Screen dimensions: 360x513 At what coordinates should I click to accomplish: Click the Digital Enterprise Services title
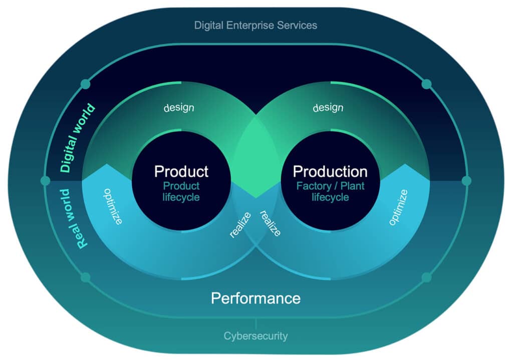255,25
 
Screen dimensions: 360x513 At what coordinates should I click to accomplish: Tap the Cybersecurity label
255,335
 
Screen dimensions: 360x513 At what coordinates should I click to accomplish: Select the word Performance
255,298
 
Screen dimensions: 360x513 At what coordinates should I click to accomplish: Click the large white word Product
181,171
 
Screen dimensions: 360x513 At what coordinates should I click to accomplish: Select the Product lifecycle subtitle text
181,191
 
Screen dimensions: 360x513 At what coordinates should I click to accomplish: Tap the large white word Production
330,171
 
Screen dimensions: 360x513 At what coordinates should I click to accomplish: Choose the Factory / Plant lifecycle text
330,191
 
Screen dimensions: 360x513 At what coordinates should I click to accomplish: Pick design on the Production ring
328,108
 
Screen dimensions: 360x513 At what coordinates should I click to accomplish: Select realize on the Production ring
270,223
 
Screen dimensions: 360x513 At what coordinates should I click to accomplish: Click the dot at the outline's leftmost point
45,181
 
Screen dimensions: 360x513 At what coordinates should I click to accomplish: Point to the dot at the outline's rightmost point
466,181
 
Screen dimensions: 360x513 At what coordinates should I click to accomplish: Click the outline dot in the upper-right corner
426,84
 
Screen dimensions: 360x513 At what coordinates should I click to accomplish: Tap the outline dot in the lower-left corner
86,277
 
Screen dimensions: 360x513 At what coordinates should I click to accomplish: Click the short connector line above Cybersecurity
256,323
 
